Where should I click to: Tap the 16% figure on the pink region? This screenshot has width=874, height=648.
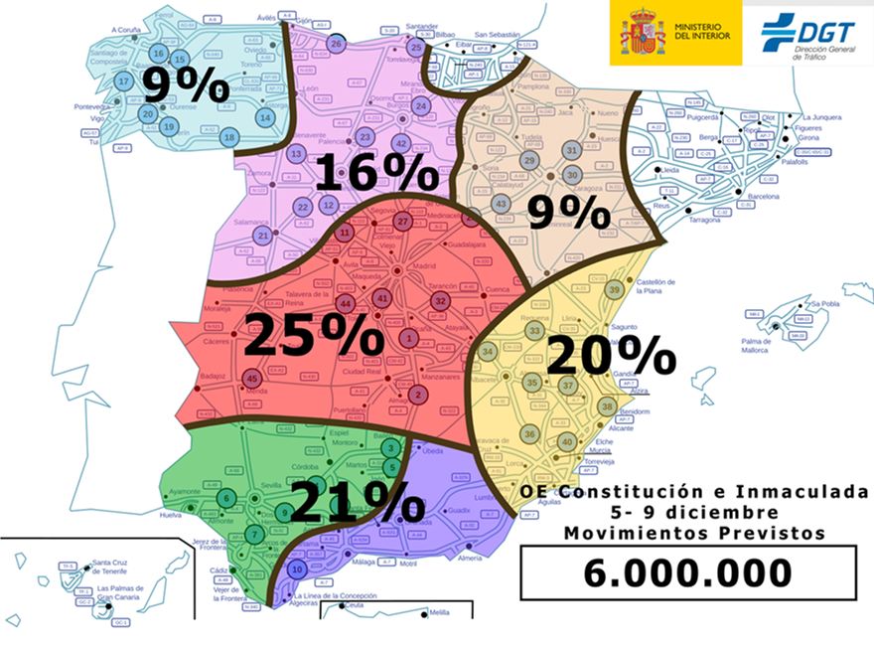coord(376,172)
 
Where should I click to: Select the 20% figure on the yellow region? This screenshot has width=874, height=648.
coord(610,356)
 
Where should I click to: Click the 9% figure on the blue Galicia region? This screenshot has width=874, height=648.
coord(187,86)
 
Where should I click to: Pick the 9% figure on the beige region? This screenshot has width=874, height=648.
coord(568,211)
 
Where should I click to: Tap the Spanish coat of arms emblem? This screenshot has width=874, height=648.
coord(643,32)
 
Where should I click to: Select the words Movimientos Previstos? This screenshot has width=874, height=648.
coord(694,533)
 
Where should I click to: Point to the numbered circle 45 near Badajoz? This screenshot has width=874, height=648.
coord(252,378)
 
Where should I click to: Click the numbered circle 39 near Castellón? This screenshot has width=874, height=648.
coord(615,289)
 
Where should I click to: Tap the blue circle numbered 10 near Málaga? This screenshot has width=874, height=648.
coord(296,569)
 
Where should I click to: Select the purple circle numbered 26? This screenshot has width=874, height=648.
coord(336,45)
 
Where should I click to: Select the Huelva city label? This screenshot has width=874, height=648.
coord(171,515)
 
